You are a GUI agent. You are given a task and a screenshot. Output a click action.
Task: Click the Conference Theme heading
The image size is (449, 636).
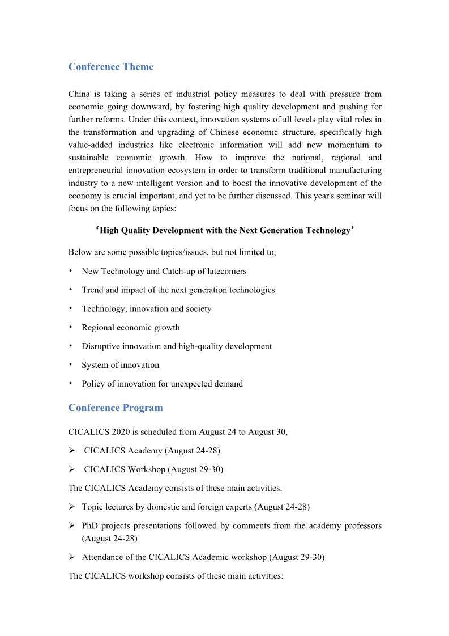[x=111, y=67]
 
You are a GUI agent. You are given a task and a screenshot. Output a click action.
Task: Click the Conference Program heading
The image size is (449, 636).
[x=116, y=408]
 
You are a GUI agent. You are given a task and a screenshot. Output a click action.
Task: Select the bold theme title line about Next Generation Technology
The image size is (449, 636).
[x=225, y=230]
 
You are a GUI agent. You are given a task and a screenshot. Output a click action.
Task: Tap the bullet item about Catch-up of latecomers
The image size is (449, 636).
[x=164, y=271]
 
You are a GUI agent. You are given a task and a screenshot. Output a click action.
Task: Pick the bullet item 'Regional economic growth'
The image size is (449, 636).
[x=131, y=327]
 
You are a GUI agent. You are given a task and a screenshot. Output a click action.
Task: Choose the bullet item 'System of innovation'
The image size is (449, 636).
[x=121, y=365]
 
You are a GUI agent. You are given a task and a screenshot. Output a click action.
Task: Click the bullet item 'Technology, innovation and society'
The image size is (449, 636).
[x=147, y=308]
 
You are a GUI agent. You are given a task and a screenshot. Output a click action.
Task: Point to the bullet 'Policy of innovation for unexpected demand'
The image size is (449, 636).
[x=163, y=384]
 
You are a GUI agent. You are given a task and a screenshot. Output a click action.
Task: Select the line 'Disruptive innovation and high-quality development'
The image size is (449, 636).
[x=177, y=346]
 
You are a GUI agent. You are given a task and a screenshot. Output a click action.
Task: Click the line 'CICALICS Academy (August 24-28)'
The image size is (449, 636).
[x=152, y=451]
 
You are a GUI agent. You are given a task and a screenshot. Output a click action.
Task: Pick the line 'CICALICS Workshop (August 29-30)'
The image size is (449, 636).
[x=153, y=469]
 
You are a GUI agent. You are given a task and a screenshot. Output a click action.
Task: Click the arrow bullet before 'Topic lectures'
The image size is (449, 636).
[x=72, y=507]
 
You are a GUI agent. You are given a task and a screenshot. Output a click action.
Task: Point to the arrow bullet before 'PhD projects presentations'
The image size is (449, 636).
[x=72, y=525]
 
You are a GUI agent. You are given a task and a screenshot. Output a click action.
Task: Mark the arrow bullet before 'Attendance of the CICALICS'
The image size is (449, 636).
[x=72, y=557]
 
